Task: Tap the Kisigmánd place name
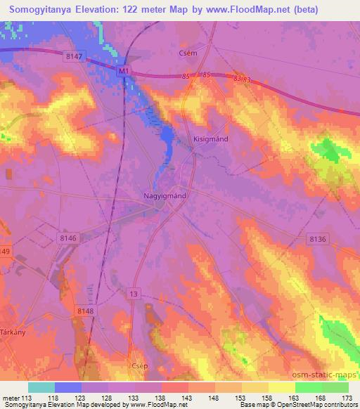(x=210, y=139)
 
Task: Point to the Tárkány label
(x=13, y=333)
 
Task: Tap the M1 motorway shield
(x=124, y=71)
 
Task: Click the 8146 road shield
(x=69, y=239)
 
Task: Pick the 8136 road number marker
(x=317, y=240)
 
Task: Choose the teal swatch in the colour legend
(x=41, y=387)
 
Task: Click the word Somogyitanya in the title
(x=41, y=10)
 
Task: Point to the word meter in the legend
(x=11, y=397)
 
